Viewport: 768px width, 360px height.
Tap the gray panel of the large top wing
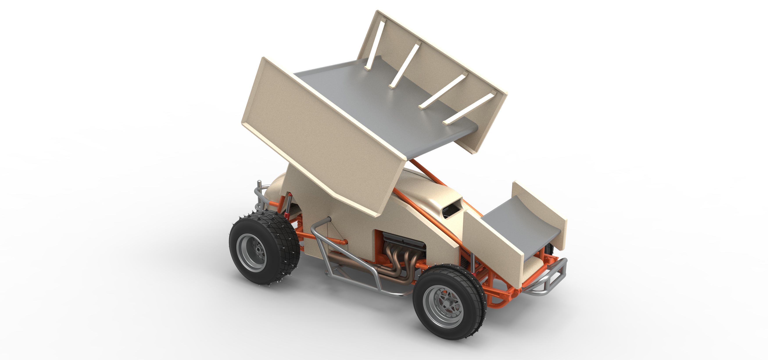tap(385, 101)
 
